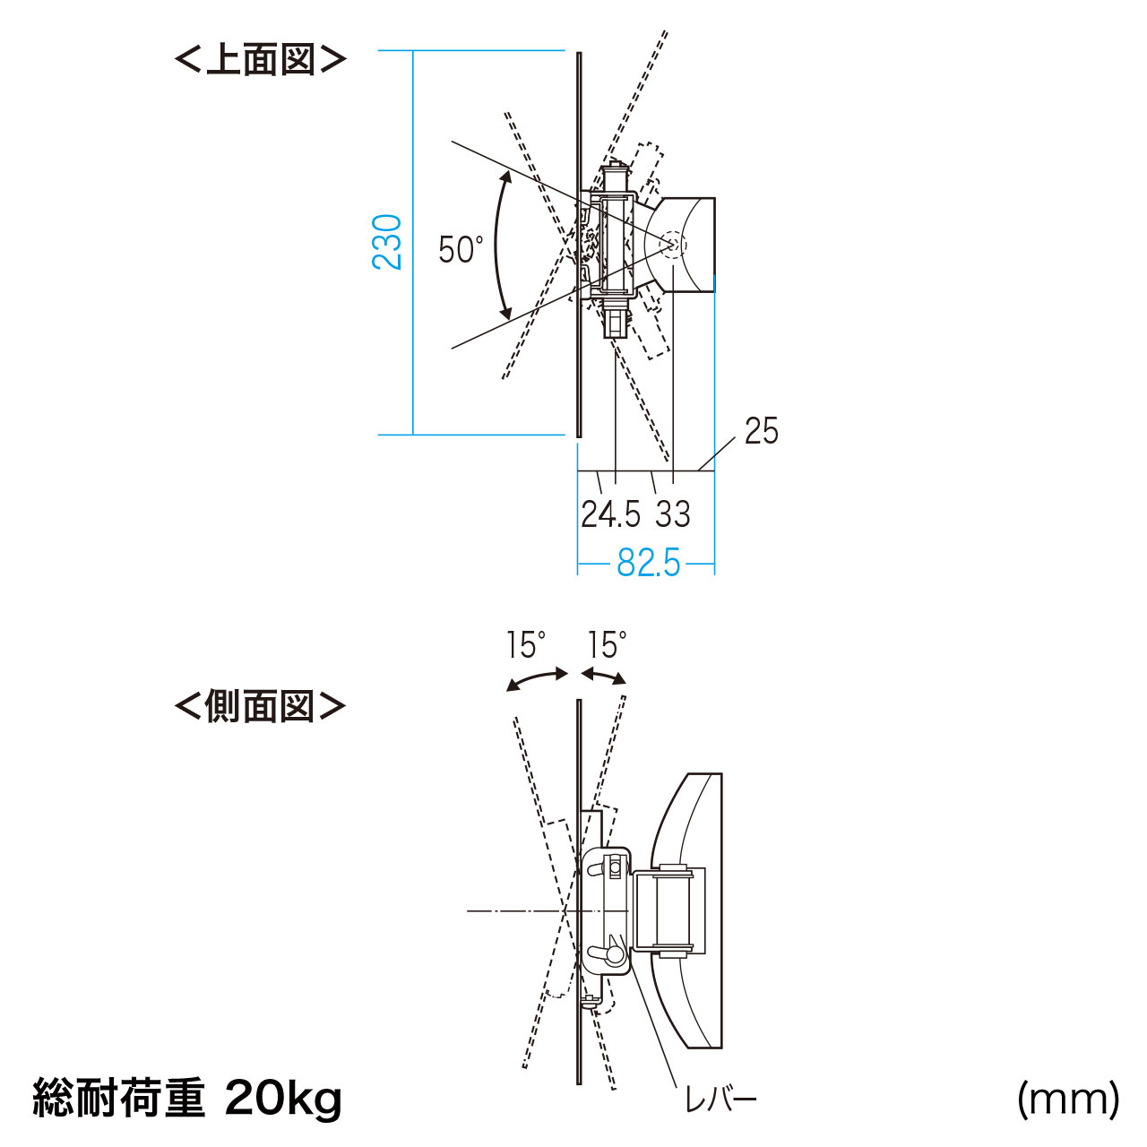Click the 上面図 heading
(260, 61)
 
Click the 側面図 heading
(260, 706)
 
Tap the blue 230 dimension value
(387, 242)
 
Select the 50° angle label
(461, 249)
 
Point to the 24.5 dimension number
(611, 514)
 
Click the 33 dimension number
(673, 514)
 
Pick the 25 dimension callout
(762, 431)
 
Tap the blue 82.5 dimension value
(648, 563)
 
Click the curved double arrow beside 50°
(497, 246)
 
